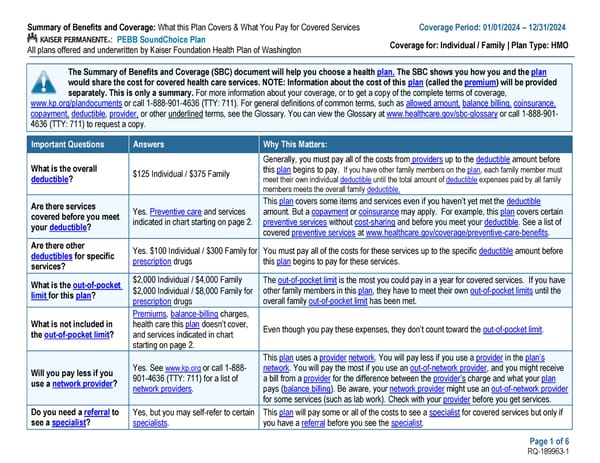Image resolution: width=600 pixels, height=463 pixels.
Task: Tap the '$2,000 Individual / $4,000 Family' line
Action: [x=188, y=283]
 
